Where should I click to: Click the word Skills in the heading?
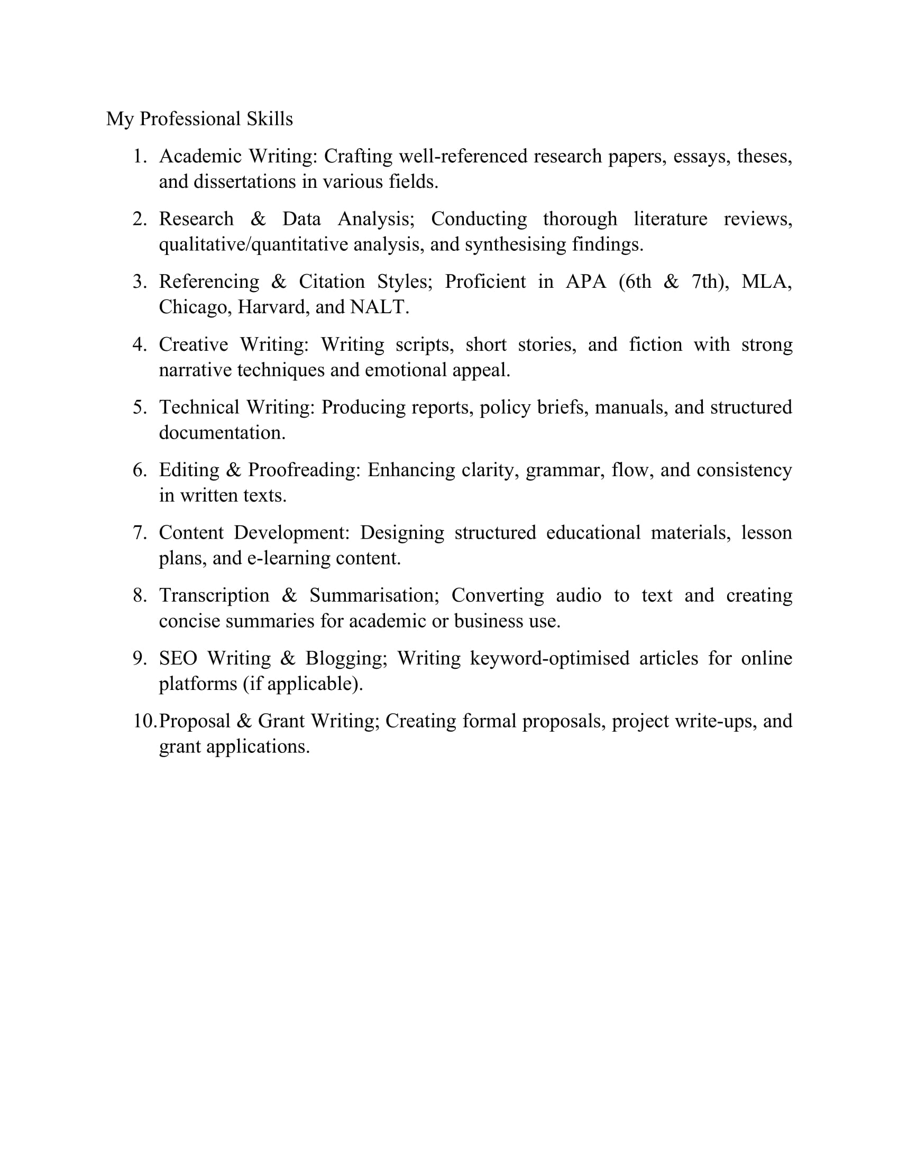tap(270, 119)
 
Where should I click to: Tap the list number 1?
tap(139, 156)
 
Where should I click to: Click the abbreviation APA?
tap(585, 281)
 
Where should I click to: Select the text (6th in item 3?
tap(635, 281)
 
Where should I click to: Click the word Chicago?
tap(195, 307)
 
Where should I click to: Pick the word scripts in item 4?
tap(424, 344)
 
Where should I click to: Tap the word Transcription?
tap(214, 595)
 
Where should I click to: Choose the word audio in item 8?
tap(579, 595)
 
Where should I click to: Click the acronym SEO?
tap(178, 658)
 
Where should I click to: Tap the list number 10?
tap(144, 721)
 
